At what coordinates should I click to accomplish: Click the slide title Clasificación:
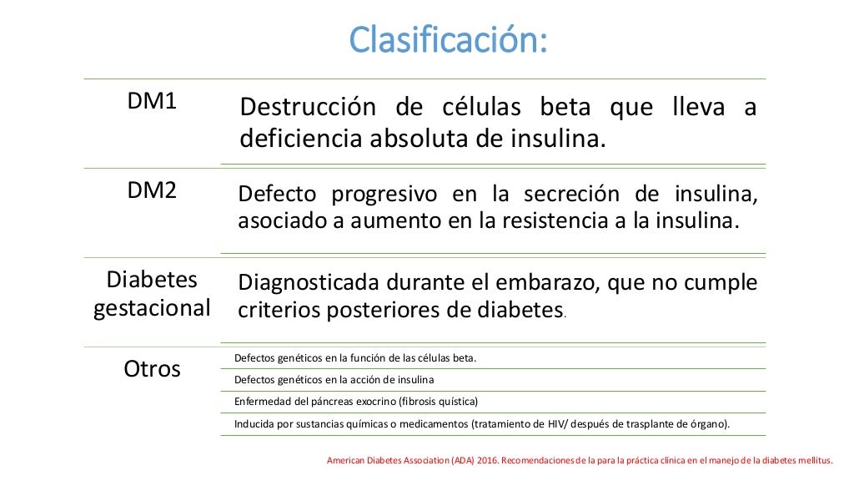pos(448,39)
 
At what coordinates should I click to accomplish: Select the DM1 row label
pos(152,102)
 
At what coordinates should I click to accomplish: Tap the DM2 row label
pos(152,190)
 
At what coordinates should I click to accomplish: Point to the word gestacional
pos(152,308)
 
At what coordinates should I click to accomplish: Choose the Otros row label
pos(152,368)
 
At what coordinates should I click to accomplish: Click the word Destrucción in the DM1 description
pos(306,109)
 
